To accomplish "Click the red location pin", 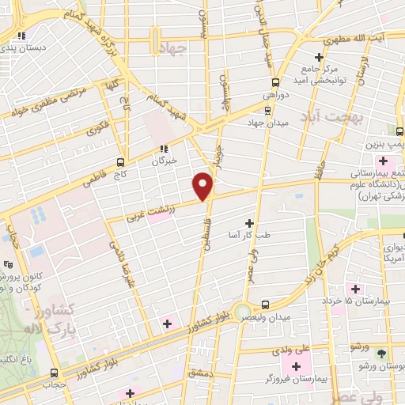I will coord(203,186).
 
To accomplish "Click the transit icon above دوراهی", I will coord(275,81).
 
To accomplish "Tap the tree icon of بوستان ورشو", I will coord(382,354).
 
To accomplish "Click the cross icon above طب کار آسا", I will coord(251,223).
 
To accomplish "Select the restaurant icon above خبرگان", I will coord(164,149).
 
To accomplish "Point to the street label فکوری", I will coord(98,127).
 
